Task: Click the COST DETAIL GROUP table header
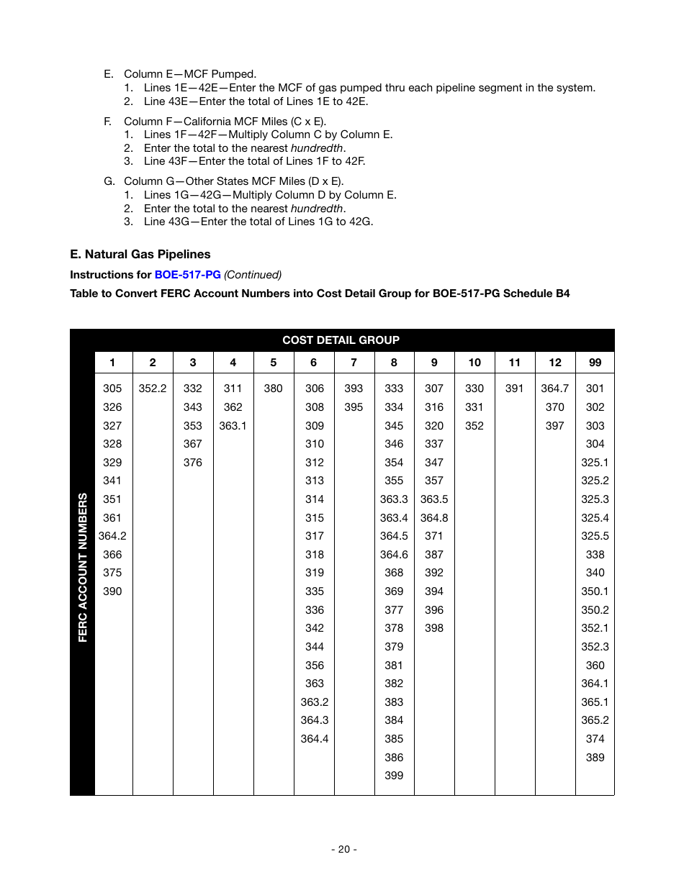click(341, 340)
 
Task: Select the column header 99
click(595, 363)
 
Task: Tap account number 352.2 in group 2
click(153, 389)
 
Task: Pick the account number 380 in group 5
click(273, 389)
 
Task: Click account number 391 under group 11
click(514, 389)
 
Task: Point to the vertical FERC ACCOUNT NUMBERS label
click(83, 567)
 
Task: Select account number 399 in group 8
click(394, 776)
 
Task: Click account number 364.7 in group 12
click(554, 389)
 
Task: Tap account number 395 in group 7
click(354, 407)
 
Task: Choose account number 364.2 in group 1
click(112, 536)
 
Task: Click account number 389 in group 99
click(595, 757)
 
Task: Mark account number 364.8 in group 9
click(434, 518)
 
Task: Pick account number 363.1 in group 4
click(233, 426)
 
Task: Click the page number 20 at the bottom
click(343, 849)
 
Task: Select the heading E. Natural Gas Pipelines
click(140, 254)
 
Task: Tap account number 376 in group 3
click(193, 463)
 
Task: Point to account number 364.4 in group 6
click(315, 739)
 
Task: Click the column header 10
click(474, 363)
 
